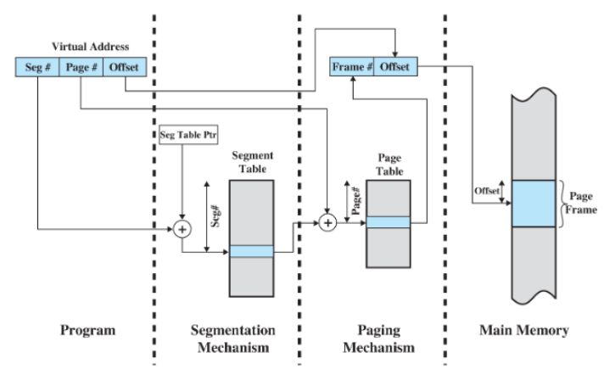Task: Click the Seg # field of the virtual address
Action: (x=37, y=65)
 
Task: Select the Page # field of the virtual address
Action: (x=81, y=65)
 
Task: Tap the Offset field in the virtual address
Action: (x=124, y=65)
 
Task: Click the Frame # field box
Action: (x=353, y=65)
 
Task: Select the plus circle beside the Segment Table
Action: (x=182, y=228)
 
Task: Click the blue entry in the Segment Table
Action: (x=252, y=251)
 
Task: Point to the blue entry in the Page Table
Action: (x=388, y=221)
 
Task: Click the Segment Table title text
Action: (x=252, y=163)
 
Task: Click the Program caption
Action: (x=87, y=330)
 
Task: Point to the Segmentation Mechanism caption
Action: (x=228, y=339)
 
